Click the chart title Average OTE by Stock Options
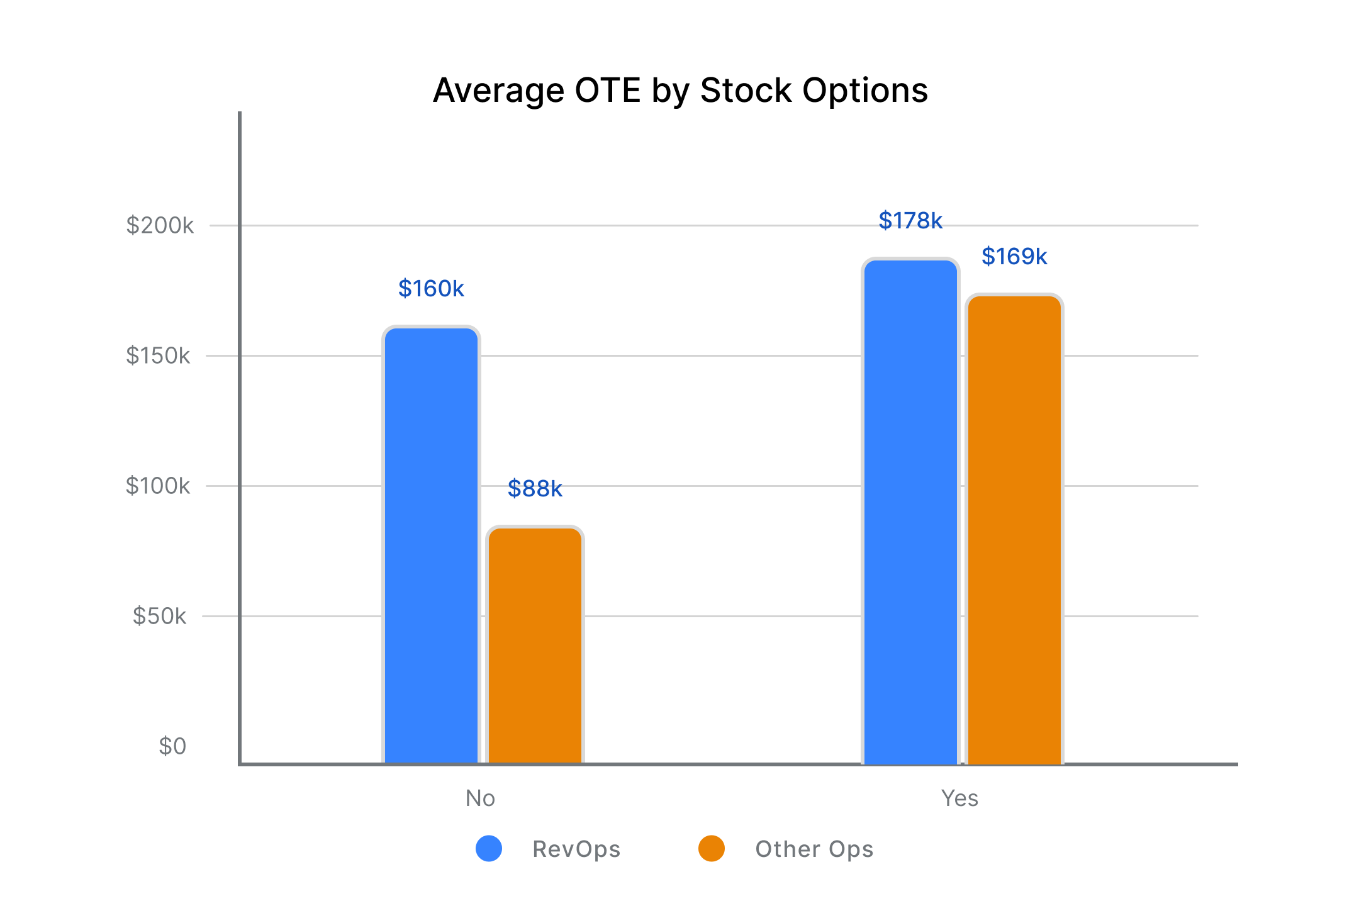[680, 90]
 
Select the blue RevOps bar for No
[431, 545]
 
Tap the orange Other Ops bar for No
[535, 645]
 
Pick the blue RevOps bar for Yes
[910, 511]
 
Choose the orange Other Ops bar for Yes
[1014, 528]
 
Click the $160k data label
[431, 289]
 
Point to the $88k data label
[535, 488]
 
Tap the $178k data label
[910, 221]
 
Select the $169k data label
[1014, 257]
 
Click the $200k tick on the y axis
[160, 225]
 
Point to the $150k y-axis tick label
[158, 355]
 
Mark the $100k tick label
[158, 486]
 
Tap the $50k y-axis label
[159, 616]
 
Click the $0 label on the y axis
[172, 746]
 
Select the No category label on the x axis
[480, 798]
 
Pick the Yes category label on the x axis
[959, 798]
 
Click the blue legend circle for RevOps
[489, 849]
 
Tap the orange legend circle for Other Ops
[712, 849]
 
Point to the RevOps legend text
[576, 849]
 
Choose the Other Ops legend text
[814, 849]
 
